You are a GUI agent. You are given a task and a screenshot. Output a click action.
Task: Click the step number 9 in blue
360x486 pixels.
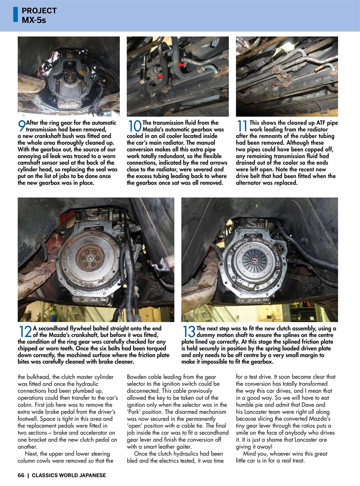tap(22, 126)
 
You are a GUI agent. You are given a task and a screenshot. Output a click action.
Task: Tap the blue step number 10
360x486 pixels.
tap(134, 126)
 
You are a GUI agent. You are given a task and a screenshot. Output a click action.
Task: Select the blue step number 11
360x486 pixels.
tap(242, 126)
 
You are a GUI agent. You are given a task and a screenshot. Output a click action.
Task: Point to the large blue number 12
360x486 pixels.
tap(25, 332)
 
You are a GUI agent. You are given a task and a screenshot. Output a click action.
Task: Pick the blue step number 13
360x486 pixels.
tap(189, 332)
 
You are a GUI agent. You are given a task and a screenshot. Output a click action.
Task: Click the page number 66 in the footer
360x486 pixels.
tap(21, 475)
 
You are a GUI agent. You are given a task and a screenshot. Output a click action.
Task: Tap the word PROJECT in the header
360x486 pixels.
tap(39, 11)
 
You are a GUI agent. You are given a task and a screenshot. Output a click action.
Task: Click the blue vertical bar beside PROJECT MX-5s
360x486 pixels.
tap(15, 14)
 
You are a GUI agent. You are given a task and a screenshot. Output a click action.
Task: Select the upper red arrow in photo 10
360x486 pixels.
tap(181, 65)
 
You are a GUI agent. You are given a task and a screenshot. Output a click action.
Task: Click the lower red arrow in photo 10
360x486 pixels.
tap(160, 76)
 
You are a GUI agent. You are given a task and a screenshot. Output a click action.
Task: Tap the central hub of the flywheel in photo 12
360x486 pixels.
tap(90, 258)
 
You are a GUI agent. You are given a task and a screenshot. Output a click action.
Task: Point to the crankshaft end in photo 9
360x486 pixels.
tap(69, 78)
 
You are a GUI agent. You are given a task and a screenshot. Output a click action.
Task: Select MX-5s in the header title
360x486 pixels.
tap(34, 20)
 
